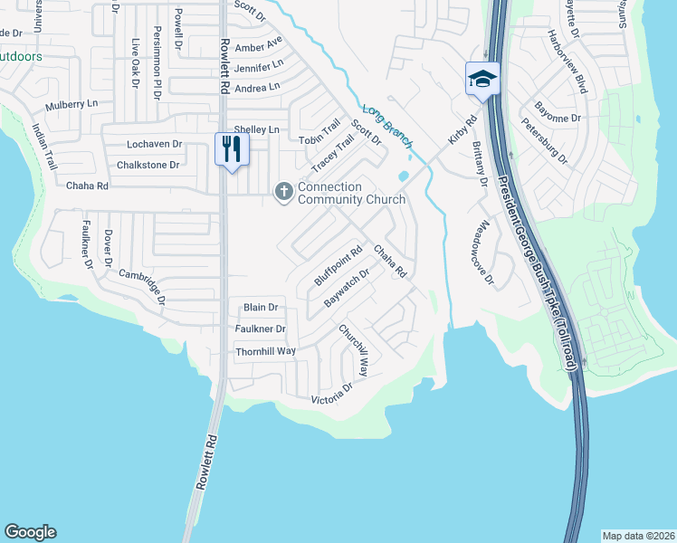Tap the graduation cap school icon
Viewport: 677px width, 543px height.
click(x=482, y=78)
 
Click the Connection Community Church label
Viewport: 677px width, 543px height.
click(x=338, y=193)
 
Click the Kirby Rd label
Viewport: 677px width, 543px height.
click(x=462, y=132)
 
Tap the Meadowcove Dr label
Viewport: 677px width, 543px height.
click(x=487, y=252)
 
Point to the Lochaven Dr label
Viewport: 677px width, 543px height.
click(x=155, y=144)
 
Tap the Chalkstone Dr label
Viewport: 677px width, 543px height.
click(x=148, y=165)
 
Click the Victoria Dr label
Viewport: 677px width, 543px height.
click(x=331, y=394)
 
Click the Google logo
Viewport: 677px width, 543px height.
click(x=30, y=532)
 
